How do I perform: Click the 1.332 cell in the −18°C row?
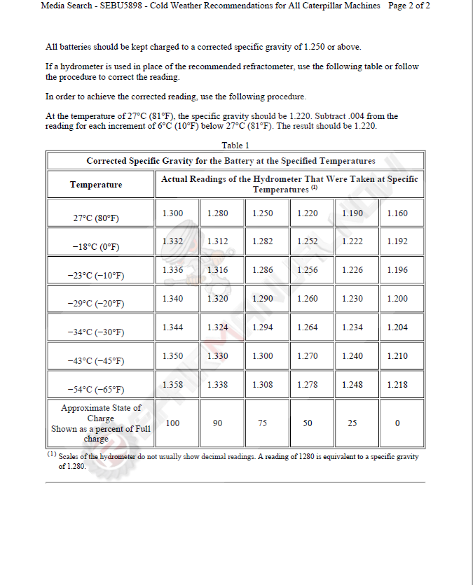pyautogui.click(x=172, y=241)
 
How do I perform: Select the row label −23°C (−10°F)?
pyautogui.click(x=96, y=275)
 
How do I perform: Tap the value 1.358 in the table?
pyautogui.click(x=172, y=384)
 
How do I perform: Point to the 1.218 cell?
pyautogui.click(x=397, y=384)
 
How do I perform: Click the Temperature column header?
pyautogui.click(x=96, y=184)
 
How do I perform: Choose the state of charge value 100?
pyautogui.click(x=172, y=423)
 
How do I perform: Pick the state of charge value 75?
pyautogui.click(x=262, y=423)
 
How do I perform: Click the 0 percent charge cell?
pyautogui.click(x=397, y=423)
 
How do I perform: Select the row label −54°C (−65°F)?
pyautogui.click(x=96, y=389)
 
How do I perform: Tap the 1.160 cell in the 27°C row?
pyautogui.click(x=397, y=213)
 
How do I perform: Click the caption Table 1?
pyautogui.click(x=235, y=146)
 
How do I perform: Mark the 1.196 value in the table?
pyautogui.click(x=397, y=270)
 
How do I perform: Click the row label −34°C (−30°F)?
pyautogui.click(x=96, y=332)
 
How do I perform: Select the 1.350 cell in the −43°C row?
pyautogui.click(x=172, y=355)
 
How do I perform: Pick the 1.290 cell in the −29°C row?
pyautogui.click(x=262, y=299)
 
